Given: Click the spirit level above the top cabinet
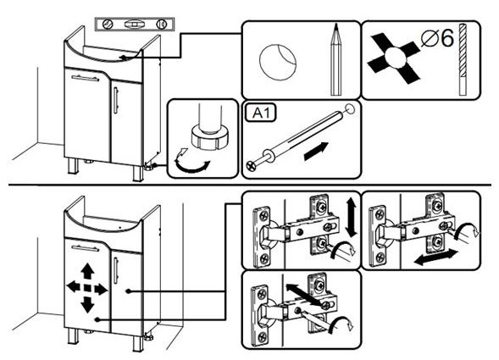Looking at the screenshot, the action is (135, 25).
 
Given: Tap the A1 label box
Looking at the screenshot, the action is (261, 113).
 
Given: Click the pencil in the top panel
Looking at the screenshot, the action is (335, 59).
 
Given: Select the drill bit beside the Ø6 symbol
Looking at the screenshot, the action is (463, 59).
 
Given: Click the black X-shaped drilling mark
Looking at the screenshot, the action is (394, 58).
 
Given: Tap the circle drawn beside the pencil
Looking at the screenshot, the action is (278, 62).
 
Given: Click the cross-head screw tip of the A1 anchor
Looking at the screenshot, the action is (251, 165).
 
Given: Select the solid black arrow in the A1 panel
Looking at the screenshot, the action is (316, 151).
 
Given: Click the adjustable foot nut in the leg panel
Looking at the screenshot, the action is (210, 137).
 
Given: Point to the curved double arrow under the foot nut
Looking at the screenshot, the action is (191, 163).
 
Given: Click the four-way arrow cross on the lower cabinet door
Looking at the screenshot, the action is (87, 288).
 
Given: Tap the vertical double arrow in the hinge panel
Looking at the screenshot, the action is (352, 217).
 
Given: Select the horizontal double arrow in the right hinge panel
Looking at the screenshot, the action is (436, 257).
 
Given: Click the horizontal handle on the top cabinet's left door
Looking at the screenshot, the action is (86, 78).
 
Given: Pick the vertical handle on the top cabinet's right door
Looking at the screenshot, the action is (116, 101).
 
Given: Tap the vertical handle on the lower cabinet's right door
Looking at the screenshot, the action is (116, 270).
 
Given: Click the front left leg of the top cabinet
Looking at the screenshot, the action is (73, 166).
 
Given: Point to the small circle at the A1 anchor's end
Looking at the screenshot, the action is (351, 109).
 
